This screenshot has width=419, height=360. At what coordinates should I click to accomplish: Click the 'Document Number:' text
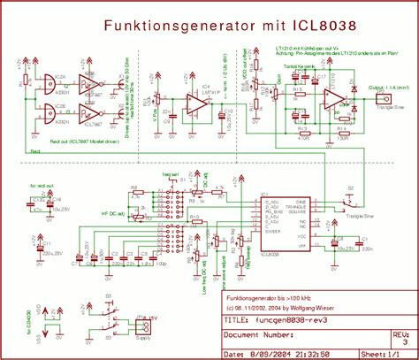(x=259, y=336)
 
